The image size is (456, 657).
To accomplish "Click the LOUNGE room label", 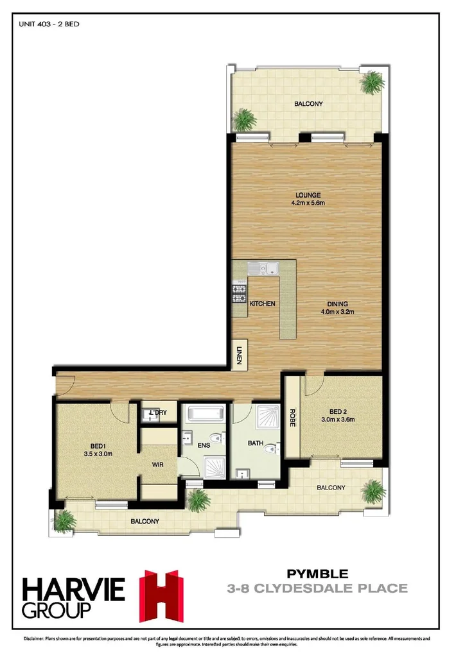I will pyautogui.click(x=308, y=195).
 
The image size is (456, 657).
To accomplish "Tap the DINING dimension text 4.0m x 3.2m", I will pyautogui.click(x=338, y=312).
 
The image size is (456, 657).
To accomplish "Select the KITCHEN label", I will pyautogui.click(x=263, y=303).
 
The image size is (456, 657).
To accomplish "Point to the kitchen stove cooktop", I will pyautogui.click(x=240, y=293).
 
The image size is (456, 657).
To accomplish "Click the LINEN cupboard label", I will pyautogui.click(x=239, y=355).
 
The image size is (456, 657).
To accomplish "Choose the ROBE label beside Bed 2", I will pyautogui.click(x=292, y=418).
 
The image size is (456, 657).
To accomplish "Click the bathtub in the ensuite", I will pyautogui.click(x=204, y=412).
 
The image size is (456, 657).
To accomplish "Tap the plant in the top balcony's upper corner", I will pyautogui.click(x=372, y=82).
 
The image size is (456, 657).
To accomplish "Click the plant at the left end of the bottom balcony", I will pyautogui.click(x=64, y=520).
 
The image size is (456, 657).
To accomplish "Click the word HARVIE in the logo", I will pyautogui.click(x=75, y=588).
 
